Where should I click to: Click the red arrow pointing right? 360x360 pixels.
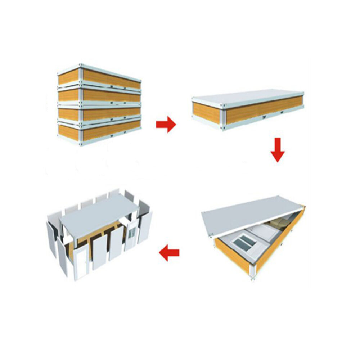166,125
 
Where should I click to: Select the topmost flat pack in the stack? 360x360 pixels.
108,78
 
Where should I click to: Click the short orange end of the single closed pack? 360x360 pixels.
206,113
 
